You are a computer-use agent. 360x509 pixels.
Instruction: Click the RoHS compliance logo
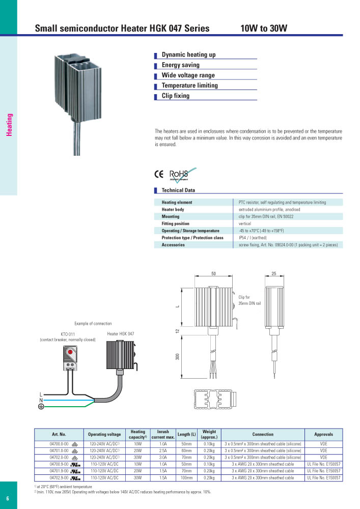pyautogui.click(x=182, y=175)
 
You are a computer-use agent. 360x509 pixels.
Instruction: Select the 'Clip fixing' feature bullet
pyautogui.click(x=175, y=96)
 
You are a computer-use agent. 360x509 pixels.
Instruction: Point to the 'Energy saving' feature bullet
pyautogui.click(x=180, y=65)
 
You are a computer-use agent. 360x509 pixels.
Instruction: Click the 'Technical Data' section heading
pyautogui.click(x=178, y=190)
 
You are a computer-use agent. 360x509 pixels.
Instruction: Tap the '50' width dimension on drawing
pyautogui.click(x=214, y=274)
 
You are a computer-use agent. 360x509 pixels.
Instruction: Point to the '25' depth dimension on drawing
pyautogui.click(x=274, y=274)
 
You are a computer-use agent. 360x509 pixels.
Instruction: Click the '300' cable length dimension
pyautogui.click(x=178, y=357)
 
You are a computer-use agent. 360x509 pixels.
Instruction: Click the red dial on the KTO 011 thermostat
pyautogui.click(x=69, y=351)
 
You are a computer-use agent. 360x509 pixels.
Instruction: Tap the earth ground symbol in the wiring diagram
pyautogui.click(x=41, y=407)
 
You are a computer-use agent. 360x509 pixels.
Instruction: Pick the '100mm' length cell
pyautogui.click(x=187, y=478)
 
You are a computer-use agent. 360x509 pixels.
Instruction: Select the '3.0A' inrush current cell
pyautogui.click(x=163, y=458)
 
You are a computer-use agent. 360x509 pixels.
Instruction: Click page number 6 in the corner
pyautogui.click(x=8, y=498)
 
